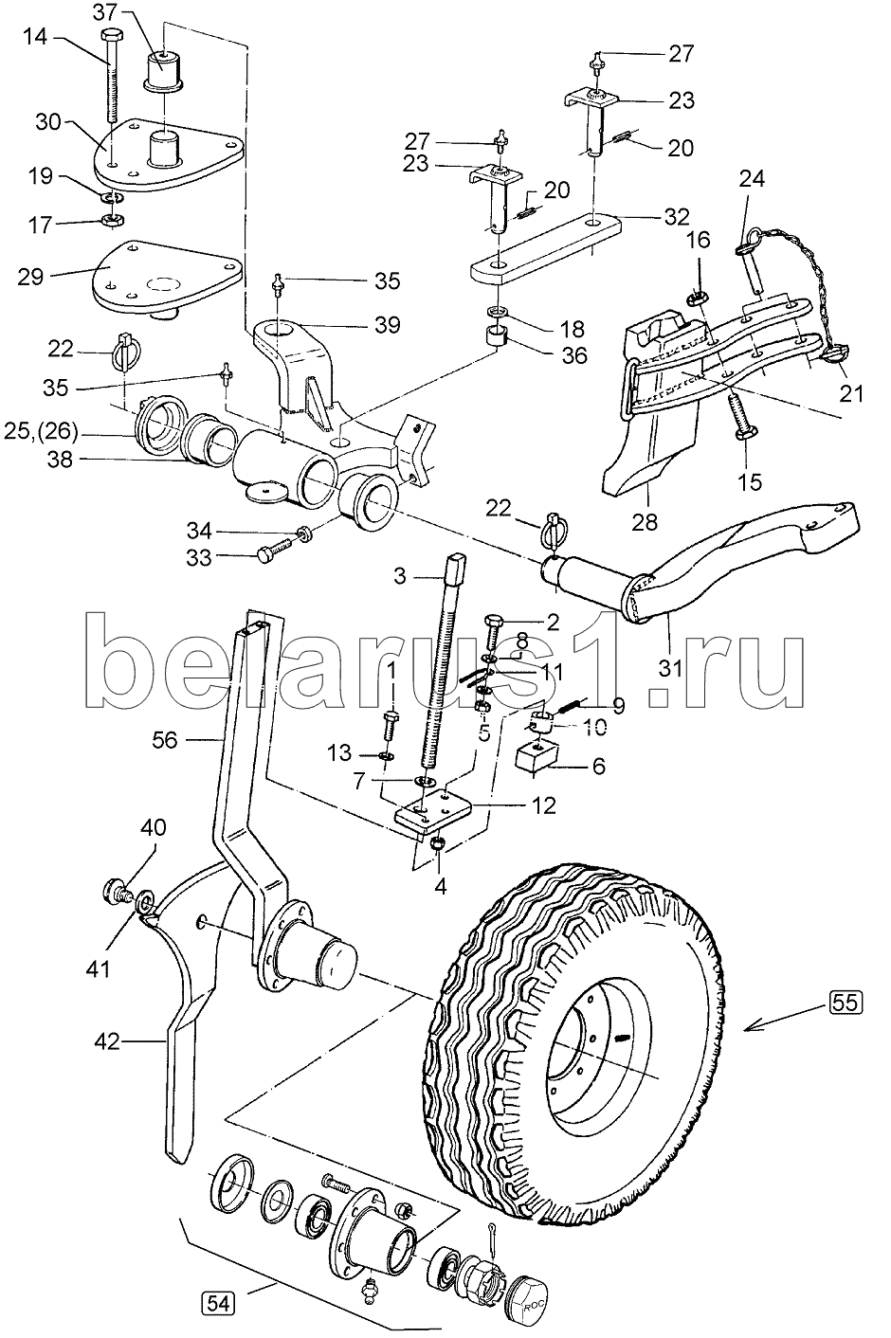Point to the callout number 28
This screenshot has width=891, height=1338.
650,521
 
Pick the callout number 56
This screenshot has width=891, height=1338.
164,739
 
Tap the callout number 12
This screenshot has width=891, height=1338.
543,806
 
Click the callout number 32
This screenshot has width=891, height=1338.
678,216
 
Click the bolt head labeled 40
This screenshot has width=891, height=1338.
115,891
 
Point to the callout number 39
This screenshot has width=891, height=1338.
387,326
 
